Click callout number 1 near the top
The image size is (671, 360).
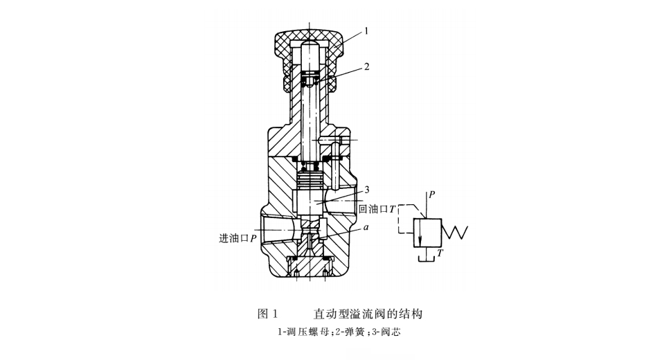pos(366,30)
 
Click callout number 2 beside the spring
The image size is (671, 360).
pos(366,67)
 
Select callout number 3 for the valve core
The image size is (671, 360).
pos(367,189)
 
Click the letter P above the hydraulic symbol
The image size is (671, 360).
pos(431,195)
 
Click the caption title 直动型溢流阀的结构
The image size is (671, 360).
pos(368,314)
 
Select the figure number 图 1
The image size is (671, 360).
pos(267,314)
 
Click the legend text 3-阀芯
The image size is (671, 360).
pos(387,332)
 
